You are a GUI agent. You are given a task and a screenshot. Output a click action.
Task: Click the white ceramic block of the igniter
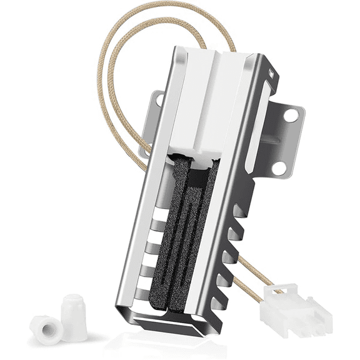click(199, 100)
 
